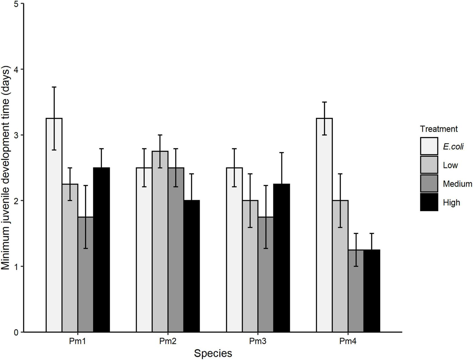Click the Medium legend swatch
(x=429, y=184)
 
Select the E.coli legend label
(x=453, y=147)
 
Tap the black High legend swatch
(x=429, y=202)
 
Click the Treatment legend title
(x=439, y=129)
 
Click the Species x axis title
(x=213, y=354)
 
